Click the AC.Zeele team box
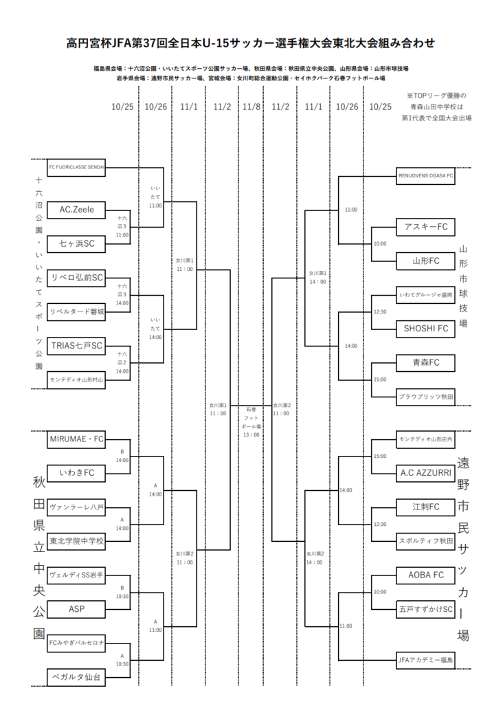pos(76,209)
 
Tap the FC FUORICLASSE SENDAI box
pos(76,167)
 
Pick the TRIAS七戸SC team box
pos(76,345)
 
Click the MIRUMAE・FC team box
pos(76,439)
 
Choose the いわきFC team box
pos(76,472)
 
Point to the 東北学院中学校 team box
pos(76,541)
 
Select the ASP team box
pos(76,608)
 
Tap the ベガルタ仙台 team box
pos(76,677)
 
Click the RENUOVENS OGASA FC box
pos(426,175)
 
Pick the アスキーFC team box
pos(426,226)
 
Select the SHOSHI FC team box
pos(426,329)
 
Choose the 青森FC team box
pos(426,362)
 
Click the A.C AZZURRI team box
pos(426,472)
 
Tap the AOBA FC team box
pos(426,575)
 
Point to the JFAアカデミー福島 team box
pos(426,660)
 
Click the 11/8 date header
pos(251,107)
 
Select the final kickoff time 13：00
pos(251,434)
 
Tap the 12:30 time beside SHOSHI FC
pos(380,311)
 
